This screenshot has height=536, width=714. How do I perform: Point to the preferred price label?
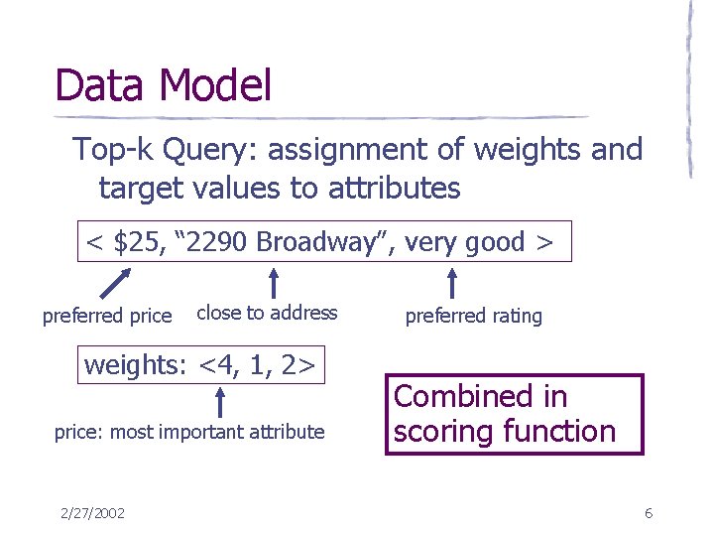[107, 316]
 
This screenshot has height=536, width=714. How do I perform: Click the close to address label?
[267, 313]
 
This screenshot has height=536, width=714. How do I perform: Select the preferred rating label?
[474, 316]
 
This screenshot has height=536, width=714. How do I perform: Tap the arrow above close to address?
[274, 281]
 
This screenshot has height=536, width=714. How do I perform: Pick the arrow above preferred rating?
[452, 283]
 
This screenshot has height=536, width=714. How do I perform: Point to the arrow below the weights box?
[220, 402]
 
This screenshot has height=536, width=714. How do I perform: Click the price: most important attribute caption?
[188, 432]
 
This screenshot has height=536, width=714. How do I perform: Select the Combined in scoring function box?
[514, 413]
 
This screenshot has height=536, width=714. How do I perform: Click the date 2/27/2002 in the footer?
[92, 513]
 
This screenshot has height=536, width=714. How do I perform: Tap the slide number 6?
[648, 513]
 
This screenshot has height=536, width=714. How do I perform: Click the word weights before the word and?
[524, 150]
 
